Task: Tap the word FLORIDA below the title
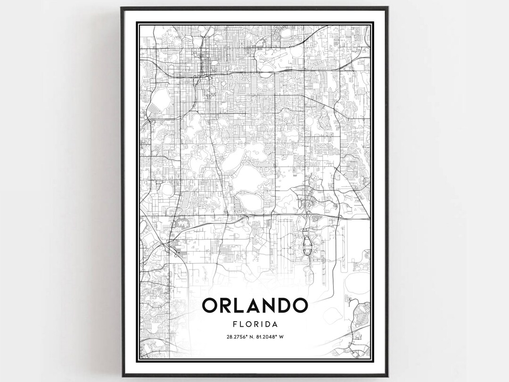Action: click(254, 324)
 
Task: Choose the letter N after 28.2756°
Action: click(250, 337)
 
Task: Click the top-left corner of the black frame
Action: click(121, 8)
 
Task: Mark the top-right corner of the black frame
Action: click(388, 8)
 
